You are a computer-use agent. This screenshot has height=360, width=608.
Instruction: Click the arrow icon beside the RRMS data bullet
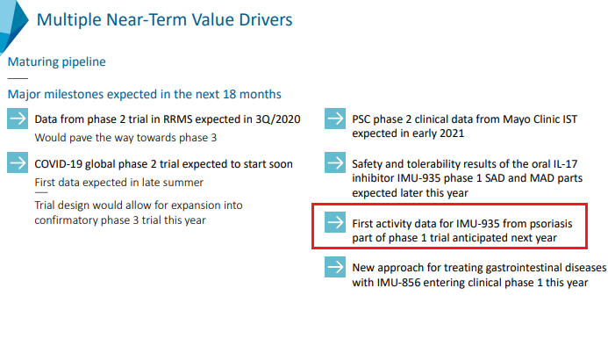tap(18, 119)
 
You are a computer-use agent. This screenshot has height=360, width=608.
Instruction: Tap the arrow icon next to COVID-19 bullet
tap(18, 163)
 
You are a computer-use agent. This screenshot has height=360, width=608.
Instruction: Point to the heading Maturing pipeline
tap(56, 62)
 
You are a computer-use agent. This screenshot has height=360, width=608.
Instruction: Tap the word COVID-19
tap(60, 164)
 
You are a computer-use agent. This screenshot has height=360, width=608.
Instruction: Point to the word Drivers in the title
tap(262, 18)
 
